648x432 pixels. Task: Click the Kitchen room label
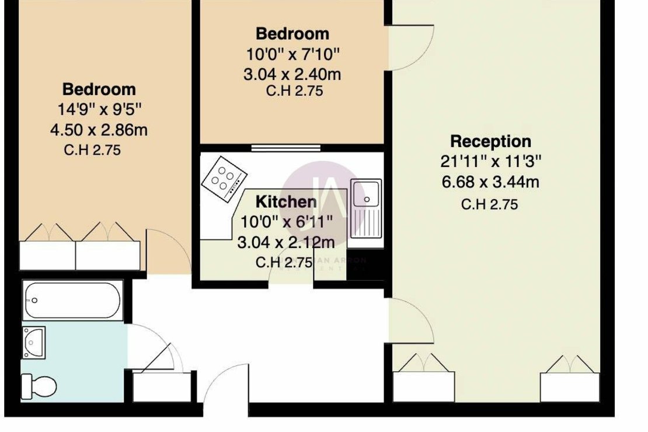pyautogui.click(x=287, y=202)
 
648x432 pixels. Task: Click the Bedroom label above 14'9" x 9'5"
pyautogui.click(x=99, y=89)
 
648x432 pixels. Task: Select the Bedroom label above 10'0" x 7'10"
pyautogui.click(x=292, y=33)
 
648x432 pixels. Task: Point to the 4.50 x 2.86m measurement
pyautogui.click(x=99, y=130)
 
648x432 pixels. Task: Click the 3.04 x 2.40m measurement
pyautogui.click(x=292, y=74)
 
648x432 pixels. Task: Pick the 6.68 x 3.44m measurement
pyautogui.click(x=490, y=182)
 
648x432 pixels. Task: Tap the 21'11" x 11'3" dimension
pyautogui.click(x=490, y=162)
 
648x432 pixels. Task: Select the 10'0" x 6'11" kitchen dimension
pyautogui.click(x=287, y=222)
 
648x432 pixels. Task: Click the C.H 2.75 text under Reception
pyautogui.click(x=489, y=204)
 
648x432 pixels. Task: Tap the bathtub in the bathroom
pyautogui.click(x=73, y=300)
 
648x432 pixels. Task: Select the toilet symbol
pyautogui.click(x=39, y=385)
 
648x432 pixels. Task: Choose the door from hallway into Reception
pyautogui.click(x=412, y=321)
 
